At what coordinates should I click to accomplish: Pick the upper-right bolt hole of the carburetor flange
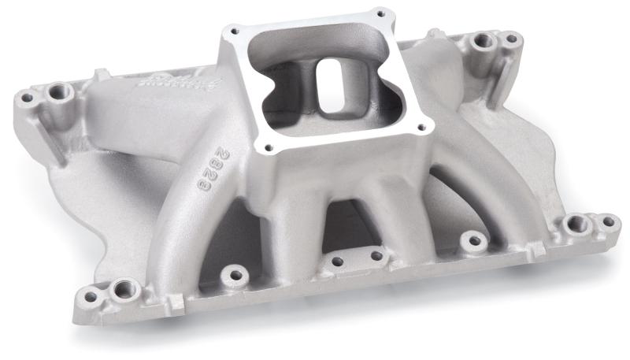pyautogui.click(x=381, y=13)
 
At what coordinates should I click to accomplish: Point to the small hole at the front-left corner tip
pyautogui.click(x=91, y=297)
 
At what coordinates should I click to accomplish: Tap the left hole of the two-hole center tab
pyautogui.click(x=336, y=262)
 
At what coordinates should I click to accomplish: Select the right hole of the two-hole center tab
pyautogui.click(x=376, y=255)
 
